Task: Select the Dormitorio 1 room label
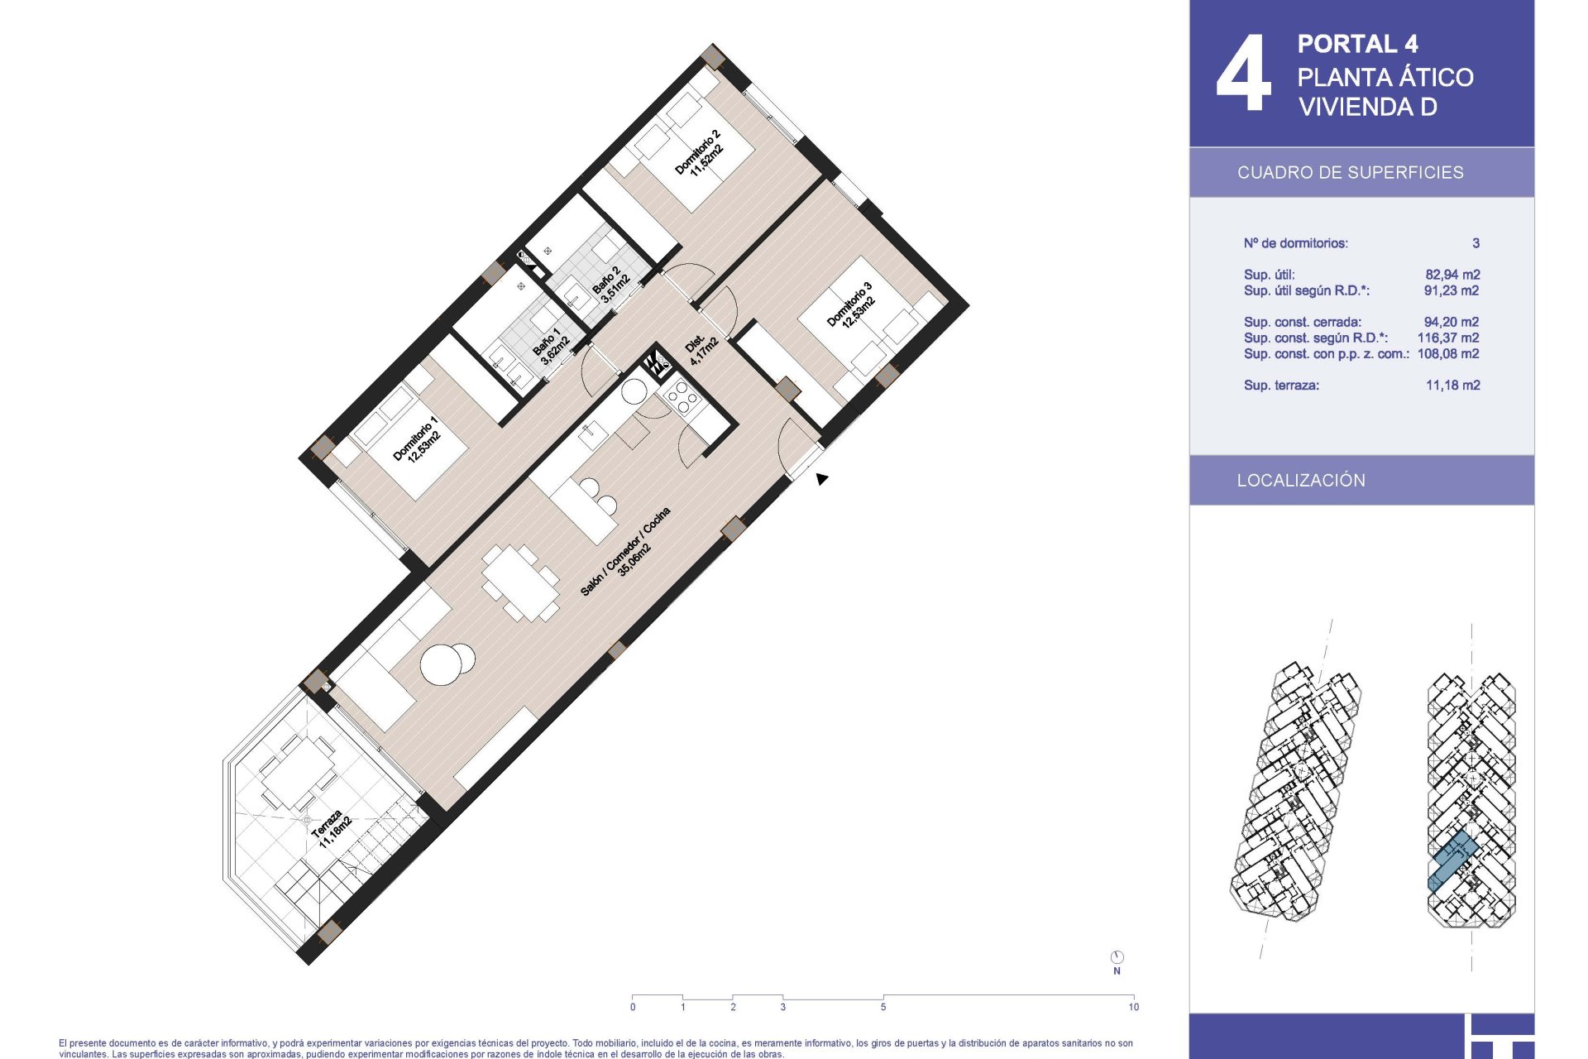click(417, 439)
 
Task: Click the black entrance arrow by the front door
click(821, 478)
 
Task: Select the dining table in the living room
click(521, 582)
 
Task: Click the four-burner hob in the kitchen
click(683, 398)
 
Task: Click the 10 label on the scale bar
click(1133, 1007)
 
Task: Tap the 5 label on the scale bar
click(883, 1007)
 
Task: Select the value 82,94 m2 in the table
click(1452, 275)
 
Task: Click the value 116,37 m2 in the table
click(1448, 338)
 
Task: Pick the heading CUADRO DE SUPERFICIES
click(1350, 172)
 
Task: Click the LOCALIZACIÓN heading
click(1301, 480)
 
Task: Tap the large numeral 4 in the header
click(1243, 73)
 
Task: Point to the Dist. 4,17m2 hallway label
click(701, 348)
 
